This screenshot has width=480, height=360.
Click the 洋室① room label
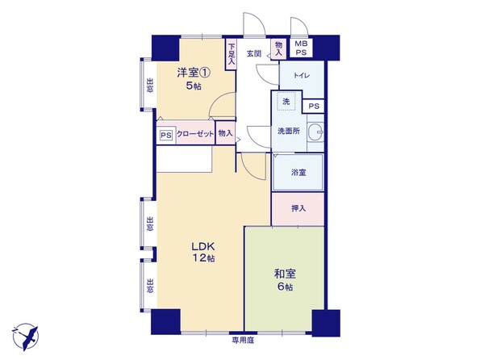coord(194,73)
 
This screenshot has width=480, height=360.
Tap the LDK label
coord(203,246)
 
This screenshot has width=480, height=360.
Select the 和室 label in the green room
coord(285,274)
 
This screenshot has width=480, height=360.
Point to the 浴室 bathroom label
coord(298,173)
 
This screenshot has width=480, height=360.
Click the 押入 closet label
coord(298,208)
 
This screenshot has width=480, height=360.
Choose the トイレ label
coord(303,76)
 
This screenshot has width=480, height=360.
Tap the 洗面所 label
coord(289,131)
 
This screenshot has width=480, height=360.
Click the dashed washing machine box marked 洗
coord(286,101)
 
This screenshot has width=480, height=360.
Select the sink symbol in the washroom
coord(315,132)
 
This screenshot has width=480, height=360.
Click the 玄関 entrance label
coord(254,53)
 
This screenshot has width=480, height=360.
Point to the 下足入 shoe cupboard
coord(232,54)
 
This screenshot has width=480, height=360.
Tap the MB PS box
coord(301,48)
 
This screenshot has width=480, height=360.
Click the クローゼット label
coord(195,134)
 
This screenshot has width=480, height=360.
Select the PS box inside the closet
coord(166,135)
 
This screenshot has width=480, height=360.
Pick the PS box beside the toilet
coord(314,107)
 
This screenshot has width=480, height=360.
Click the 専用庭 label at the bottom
coord(243,340)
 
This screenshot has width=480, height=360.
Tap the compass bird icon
coord(26,337)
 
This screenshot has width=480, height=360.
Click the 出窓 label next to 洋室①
coord(150,86)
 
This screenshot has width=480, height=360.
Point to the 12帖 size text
coord(203,258)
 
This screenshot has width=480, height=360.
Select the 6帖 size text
coord(285,287)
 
